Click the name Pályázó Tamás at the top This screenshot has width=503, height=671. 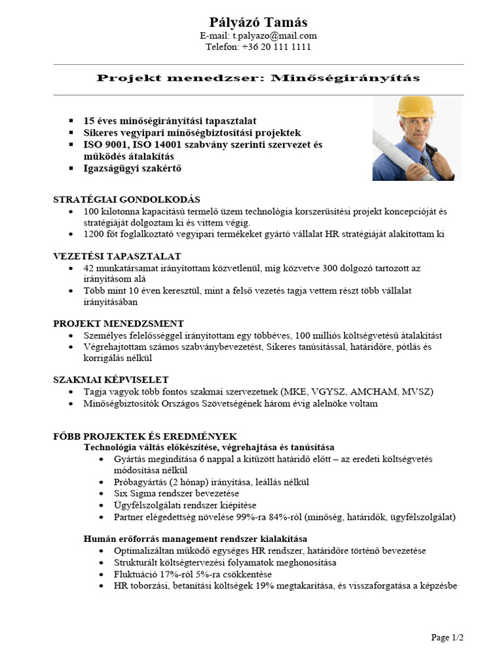point(257,22)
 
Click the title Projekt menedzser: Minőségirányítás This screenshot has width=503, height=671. point(258,79)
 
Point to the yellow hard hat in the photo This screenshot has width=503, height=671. point(416,107)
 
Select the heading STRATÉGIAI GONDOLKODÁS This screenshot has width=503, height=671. point(126,199)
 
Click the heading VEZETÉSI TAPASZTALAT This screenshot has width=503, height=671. point(117,256)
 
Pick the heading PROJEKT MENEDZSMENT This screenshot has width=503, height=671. point(118,323)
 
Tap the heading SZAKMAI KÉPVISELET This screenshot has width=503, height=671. point(111,379)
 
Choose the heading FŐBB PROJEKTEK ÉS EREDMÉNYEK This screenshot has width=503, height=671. point(145,436)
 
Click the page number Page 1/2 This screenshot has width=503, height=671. point(447,637)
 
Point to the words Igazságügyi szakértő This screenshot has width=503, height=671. point(132,168)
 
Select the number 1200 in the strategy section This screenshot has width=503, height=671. point(95,234)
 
